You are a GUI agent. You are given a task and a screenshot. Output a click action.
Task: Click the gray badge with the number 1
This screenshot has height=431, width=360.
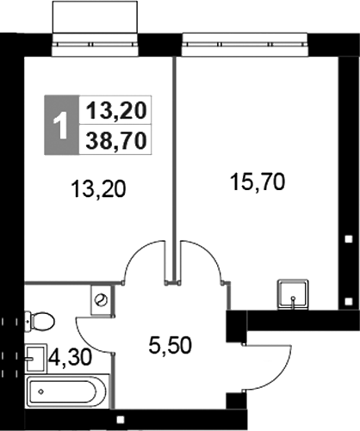[x=59, y=126]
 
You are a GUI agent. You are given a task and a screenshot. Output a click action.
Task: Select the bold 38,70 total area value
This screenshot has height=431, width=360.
[x=114, y=139]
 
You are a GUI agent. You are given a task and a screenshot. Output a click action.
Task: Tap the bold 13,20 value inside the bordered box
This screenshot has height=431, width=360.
[x=114, y=109]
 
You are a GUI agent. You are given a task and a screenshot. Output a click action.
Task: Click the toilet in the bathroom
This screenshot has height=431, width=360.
[x=40, y=322]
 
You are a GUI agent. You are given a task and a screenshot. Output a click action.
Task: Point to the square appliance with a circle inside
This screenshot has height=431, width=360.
[x=102, y=299]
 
